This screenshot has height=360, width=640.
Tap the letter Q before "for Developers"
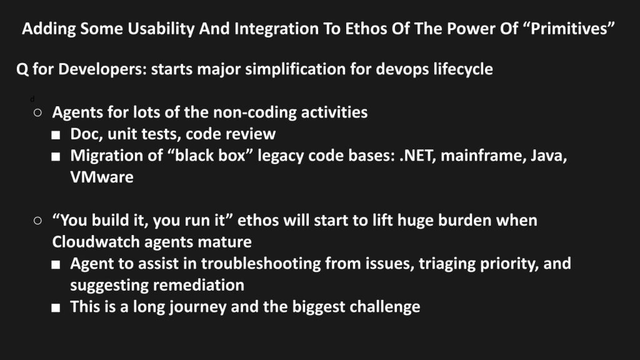[22, 69]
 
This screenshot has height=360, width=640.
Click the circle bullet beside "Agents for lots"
[37, 112]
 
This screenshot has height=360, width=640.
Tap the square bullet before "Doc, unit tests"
[56, 135]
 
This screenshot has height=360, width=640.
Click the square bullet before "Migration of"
[56, 157]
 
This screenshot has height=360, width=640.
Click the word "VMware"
[102, 177]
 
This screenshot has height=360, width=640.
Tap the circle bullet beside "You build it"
[37, 221]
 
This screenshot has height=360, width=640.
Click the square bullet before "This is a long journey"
[56, 307]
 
